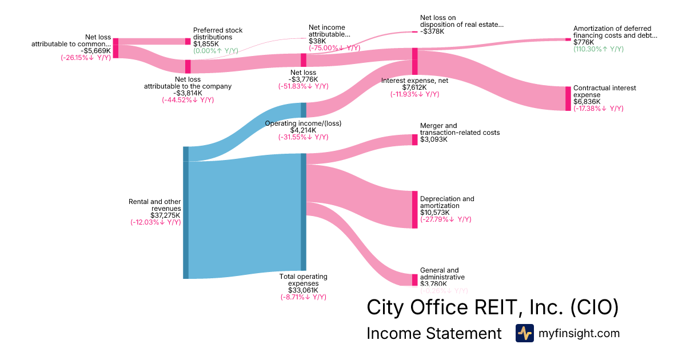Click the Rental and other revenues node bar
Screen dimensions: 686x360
coord(186,213)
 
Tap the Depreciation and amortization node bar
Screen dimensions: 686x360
coord(415,210)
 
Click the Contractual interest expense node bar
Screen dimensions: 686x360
coord(568,98)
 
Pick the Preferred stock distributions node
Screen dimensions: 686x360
coord(188,41)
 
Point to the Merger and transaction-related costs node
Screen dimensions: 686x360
coord(415,139)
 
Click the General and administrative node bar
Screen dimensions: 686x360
coord(415,279)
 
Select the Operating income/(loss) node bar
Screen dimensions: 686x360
coord(304,110)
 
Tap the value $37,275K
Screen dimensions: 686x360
coord(165,215)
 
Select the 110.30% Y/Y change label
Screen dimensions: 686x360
coord(599,49)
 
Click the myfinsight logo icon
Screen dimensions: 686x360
coord(524,333)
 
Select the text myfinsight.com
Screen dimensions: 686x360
coord(579,333)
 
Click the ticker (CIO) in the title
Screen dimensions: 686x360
coord(595,307)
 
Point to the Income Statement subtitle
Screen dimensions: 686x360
coord(434,333)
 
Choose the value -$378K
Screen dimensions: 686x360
coord(432,31)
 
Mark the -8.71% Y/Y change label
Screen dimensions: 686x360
coord(303,297)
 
